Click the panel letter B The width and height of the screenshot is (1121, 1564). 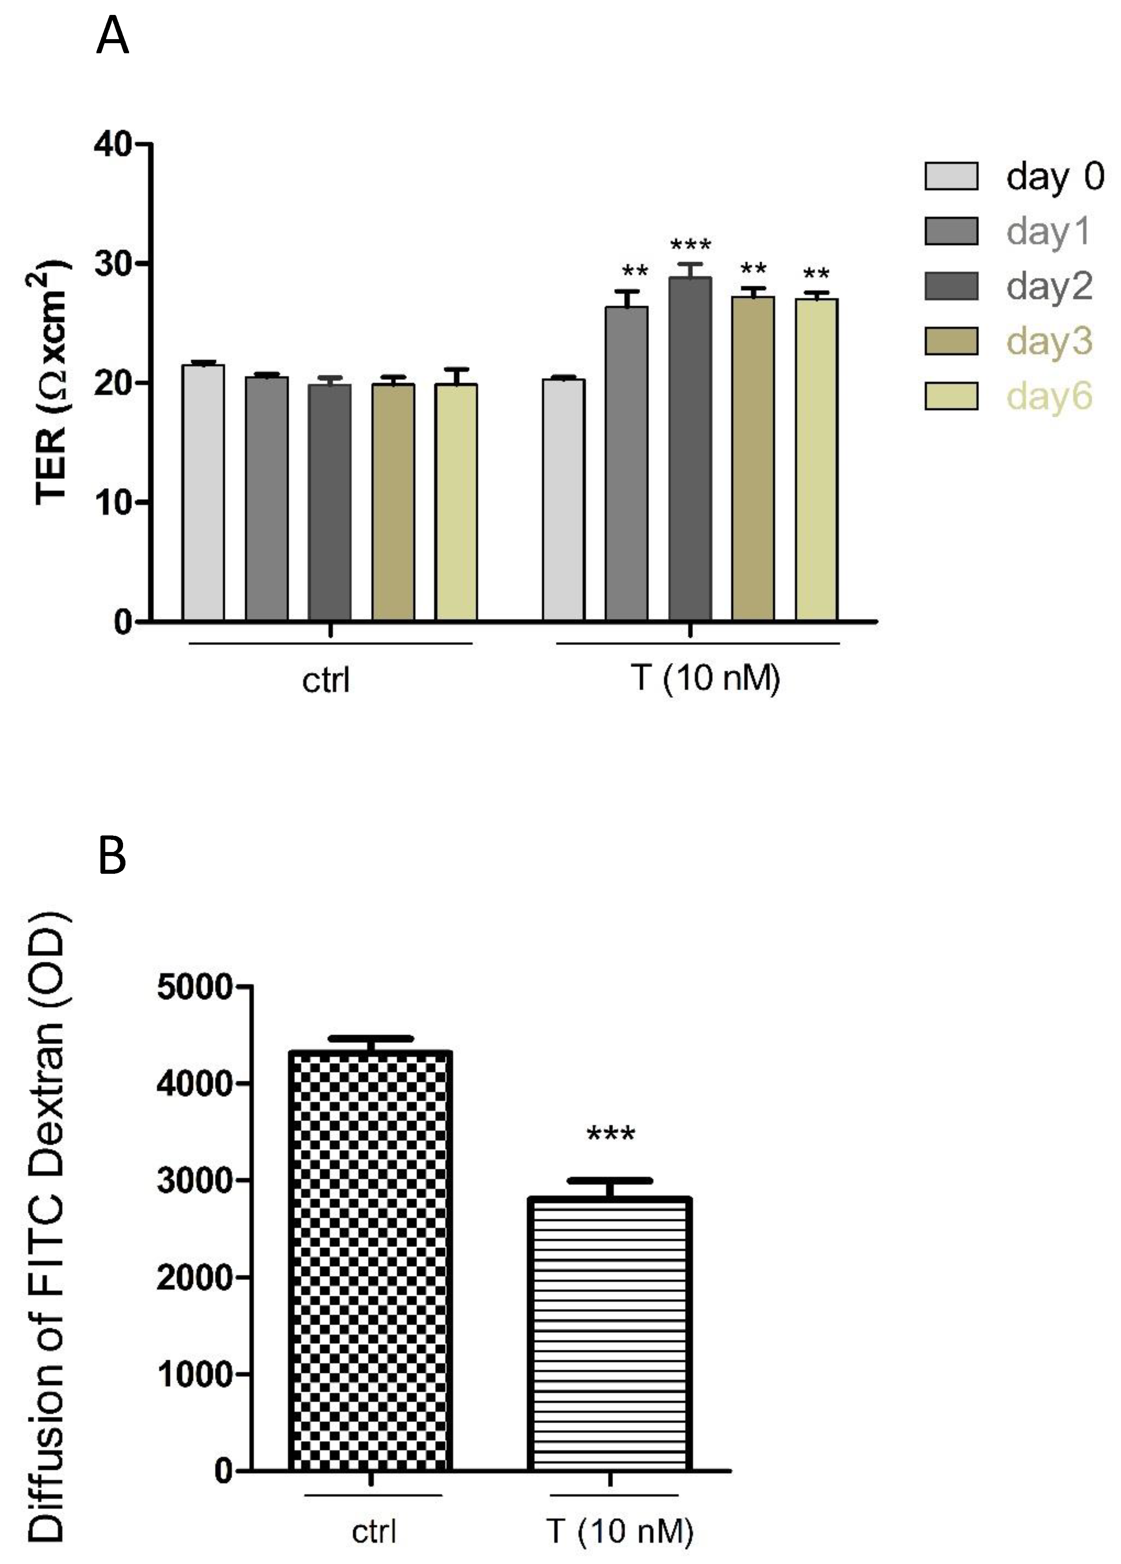click(x=113, y=855)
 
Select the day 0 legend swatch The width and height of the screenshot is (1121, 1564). click(x=951, y=176)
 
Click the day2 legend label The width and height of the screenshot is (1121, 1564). click(x=1049, y=286)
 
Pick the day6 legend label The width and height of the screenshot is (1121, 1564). click(x=1049, y=397)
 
